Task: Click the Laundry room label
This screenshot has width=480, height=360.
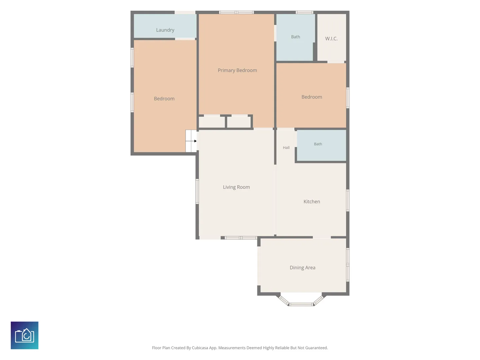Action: pyautogui.click(x=165, y=30)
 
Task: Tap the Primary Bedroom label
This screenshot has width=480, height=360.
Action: pyautogui.click(x=237, y=70)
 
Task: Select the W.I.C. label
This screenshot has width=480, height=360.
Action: pyautogui.click(x=331, y=39)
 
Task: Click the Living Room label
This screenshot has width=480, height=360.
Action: pyautogui.click(x=236, y=187)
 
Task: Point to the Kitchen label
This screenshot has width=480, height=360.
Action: pyautogui.click(x=312, y=202)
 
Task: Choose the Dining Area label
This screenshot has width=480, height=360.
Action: pyautogui.click(x=302, y=268)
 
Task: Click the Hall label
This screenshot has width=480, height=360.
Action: pyautogui.click(x=286, y=148)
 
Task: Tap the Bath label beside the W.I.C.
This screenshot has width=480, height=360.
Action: pyautogui.click(x=295, y=37)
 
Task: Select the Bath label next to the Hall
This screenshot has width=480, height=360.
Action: pyautogui.click(x=318, y=144)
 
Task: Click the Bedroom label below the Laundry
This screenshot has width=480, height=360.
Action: pyautogui.click(x=164, y=99)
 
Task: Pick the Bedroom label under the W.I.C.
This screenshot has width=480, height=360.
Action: pyautogui.click(x=312, y=97)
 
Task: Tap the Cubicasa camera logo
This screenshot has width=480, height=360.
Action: pyautogui.click(x=24, y=335)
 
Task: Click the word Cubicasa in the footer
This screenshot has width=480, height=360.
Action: pyautogui.click(x=200, y=348)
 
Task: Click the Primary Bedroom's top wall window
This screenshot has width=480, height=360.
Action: pyautogui.click(x=236, y=12)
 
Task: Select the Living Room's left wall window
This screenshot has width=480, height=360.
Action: pyautogui.click(x=197, y=191)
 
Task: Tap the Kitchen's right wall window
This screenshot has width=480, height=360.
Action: pyautogui.click(x=348, y=200)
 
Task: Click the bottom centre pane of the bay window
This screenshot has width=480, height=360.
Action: pyautogui.click(x=301, y=304)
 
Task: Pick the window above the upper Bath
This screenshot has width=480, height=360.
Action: pyautogui.click(x=304, y=12)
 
